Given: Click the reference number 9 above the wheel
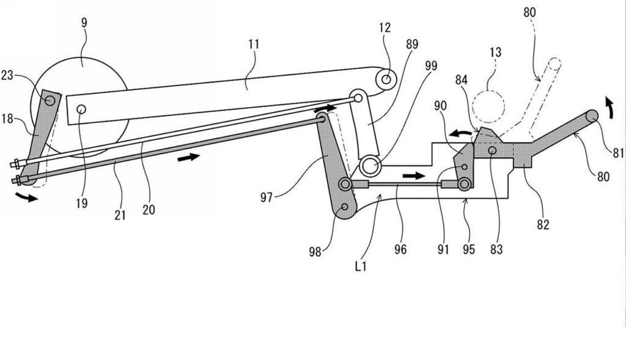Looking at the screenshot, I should click(84, 23).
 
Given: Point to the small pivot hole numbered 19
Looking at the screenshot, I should click(81, 109).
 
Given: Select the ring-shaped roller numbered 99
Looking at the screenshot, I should click(369, 164).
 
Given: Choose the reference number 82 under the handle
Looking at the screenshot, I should click(542, 224).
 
